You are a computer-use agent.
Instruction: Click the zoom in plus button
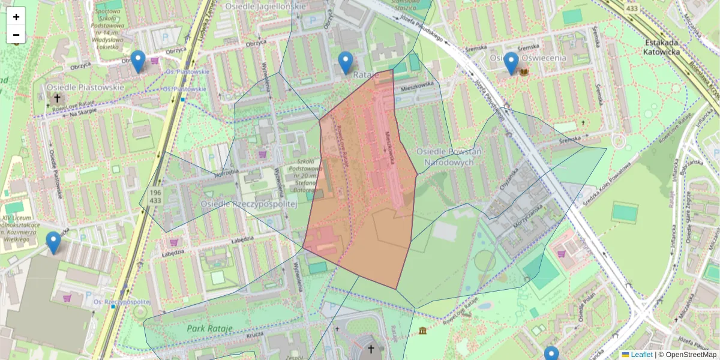[16, 17]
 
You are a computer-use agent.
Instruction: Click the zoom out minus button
[16, 35]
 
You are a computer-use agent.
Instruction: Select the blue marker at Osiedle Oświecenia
[511, 63]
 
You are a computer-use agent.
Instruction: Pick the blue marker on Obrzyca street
[138, 61]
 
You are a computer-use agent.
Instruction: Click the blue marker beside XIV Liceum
[53, 242]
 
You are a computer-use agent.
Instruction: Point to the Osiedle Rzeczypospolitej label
[250, 204]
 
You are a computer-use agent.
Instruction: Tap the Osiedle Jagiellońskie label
[265, 6]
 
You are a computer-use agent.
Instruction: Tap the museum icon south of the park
[423, 331]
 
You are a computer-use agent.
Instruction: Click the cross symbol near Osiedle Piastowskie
[57, 98]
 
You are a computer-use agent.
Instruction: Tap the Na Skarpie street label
[83, 113]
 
